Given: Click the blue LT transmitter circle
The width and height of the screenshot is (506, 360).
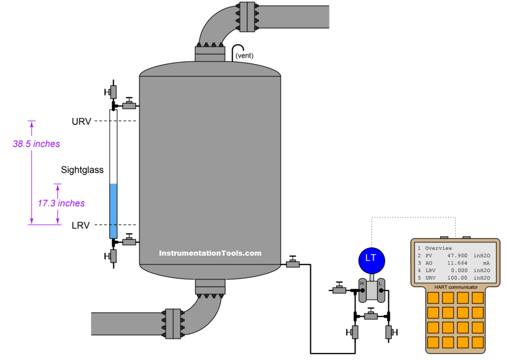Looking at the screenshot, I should coord(371,258).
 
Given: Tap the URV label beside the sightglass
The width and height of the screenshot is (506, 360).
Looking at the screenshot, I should coord(81,121).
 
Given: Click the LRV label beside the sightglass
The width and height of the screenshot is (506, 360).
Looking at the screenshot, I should coord(80,226).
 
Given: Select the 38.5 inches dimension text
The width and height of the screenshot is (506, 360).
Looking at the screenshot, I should coord(36,144).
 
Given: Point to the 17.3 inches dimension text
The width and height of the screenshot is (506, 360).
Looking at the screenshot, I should coord(61,203).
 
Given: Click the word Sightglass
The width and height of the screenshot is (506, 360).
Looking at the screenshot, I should coord(82,170).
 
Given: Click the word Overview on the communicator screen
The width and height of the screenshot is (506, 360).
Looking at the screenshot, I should coord(438,248).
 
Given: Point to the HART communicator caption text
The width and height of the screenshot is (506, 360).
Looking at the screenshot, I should coord(455,287).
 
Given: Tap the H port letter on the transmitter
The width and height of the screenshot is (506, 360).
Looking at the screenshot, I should coord(362,284).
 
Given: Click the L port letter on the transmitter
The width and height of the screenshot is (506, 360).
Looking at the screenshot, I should coord(380,284).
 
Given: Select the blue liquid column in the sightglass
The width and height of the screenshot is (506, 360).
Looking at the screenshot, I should coord(113,210).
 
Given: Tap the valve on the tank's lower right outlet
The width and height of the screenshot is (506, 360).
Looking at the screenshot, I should coord(292,263).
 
